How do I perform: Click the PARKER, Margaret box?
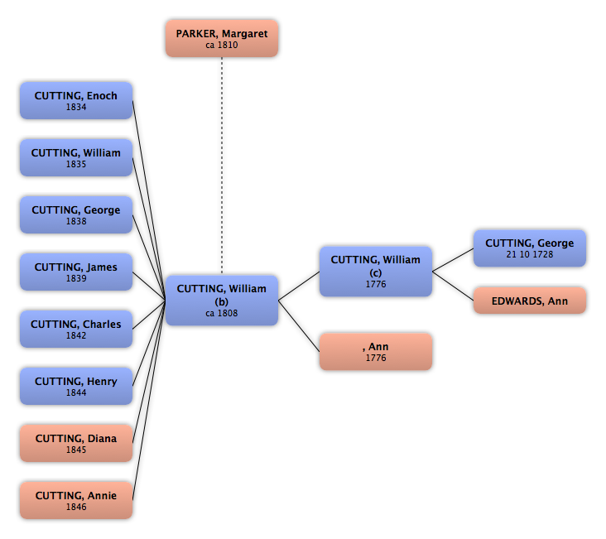click(222, 39)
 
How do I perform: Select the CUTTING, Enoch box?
click(76, 100)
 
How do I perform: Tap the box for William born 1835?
click(76, 158)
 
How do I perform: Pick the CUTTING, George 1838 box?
click(76, 214)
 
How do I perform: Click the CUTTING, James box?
click(76, 272)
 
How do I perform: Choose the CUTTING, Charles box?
click(76, 329)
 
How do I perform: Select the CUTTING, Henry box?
click(76, 387)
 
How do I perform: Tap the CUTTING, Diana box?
click(76, 443)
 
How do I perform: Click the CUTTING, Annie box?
click(76, 500)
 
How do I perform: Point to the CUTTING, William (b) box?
click(222, 301)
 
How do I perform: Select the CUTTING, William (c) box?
click(376, 272)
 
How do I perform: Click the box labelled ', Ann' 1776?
click(376, 352)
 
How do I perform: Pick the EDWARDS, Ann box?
click(530, 301)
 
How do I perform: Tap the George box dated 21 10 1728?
click(530, 248)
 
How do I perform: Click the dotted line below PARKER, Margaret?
click(222, 166)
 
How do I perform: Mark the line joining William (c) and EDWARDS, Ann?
click(453, 286)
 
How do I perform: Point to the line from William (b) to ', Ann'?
click(299, 326)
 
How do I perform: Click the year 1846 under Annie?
click(76, 507)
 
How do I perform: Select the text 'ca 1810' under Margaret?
click(222, 45)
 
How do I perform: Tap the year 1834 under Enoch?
click(76, 107)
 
